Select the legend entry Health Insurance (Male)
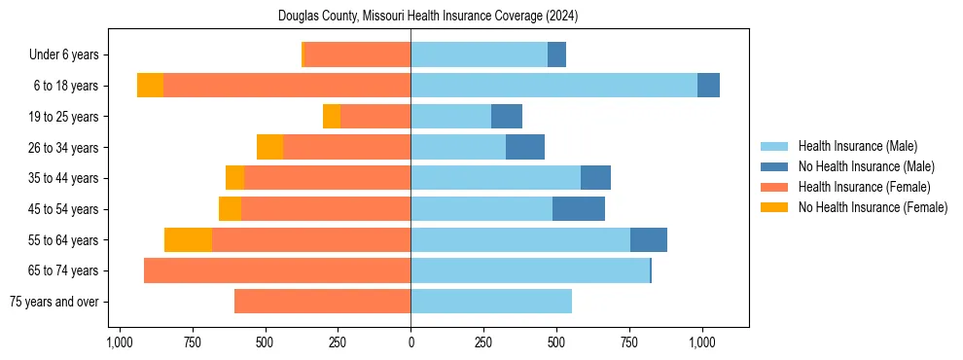857,146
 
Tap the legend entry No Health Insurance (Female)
873,207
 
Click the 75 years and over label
53,302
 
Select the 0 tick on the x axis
410,342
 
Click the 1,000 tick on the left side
119,342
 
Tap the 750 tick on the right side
629,342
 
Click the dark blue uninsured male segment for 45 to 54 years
579,209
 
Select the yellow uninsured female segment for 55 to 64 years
188,239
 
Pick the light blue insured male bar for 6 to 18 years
553,86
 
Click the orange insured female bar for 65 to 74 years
277,270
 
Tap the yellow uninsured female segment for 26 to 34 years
269,147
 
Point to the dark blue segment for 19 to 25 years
507,117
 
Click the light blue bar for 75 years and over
491,302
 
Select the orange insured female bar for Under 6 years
358,54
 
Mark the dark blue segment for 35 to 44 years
595,178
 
